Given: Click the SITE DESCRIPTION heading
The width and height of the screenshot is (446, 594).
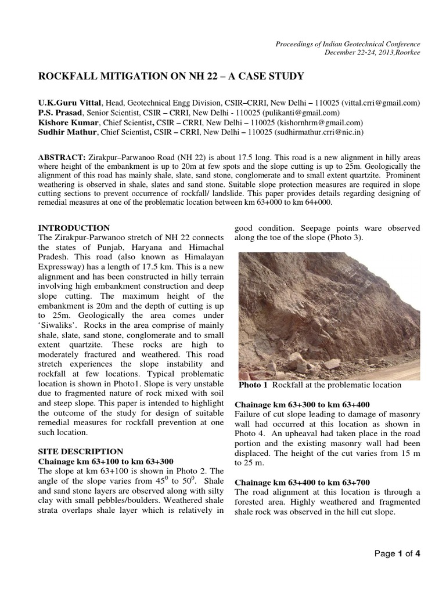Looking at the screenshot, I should pos(80,451).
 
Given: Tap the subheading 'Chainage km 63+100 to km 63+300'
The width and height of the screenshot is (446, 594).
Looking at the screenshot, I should pos(106,461).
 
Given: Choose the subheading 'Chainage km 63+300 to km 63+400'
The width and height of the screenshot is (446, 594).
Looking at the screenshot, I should pos(301,404).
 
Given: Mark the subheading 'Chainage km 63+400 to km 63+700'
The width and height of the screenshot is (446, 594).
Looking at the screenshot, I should pos(301,482).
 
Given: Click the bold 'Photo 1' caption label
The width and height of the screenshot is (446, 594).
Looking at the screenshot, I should pos(253,385).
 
